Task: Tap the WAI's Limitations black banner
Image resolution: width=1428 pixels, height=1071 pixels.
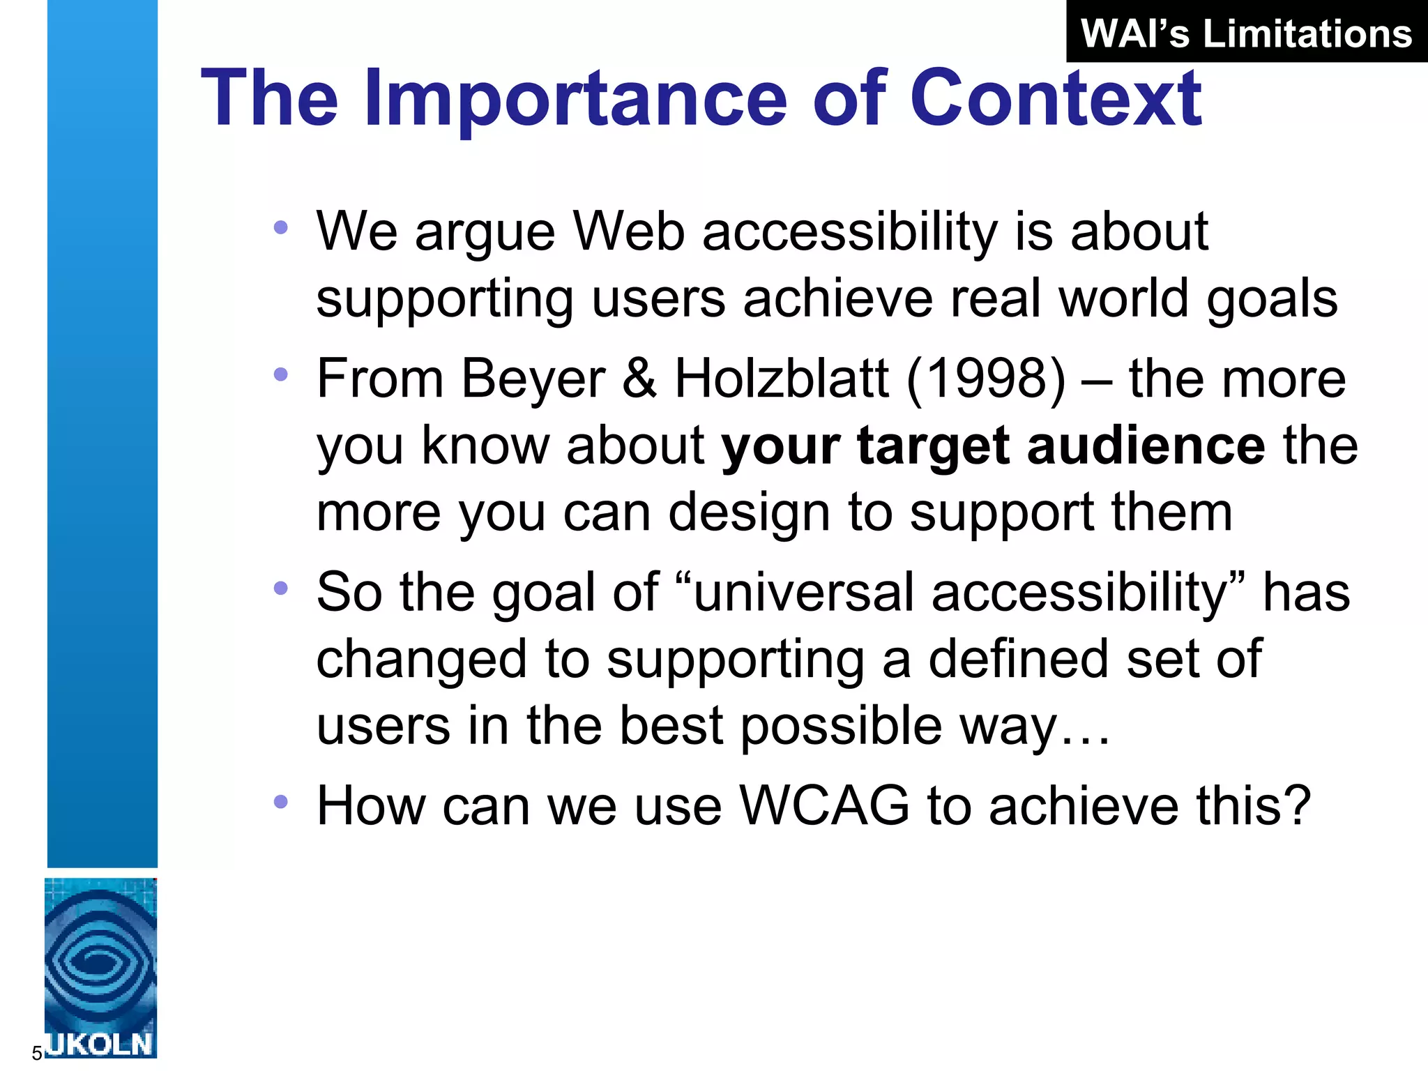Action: (1246, 33)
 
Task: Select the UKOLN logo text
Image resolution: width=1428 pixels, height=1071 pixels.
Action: (100, 1044)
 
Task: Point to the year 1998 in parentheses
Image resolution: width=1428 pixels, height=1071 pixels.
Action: (987, 379)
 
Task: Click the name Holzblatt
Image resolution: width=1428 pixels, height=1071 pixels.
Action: (781, 379)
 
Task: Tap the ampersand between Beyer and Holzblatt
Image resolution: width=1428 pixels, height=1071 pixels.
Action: (639, 379)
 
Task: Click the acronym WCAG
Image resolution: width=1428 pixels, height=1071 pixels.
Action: (824, 806)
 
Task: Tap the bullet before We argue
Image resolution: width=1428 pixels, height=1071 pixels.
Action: (280, 227)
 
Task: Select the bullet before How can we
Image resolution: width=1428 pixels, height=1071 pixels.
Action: (280, 802)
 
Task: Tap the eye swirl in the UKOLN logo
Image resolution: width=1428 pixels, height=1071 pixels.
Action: (100, 962)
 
